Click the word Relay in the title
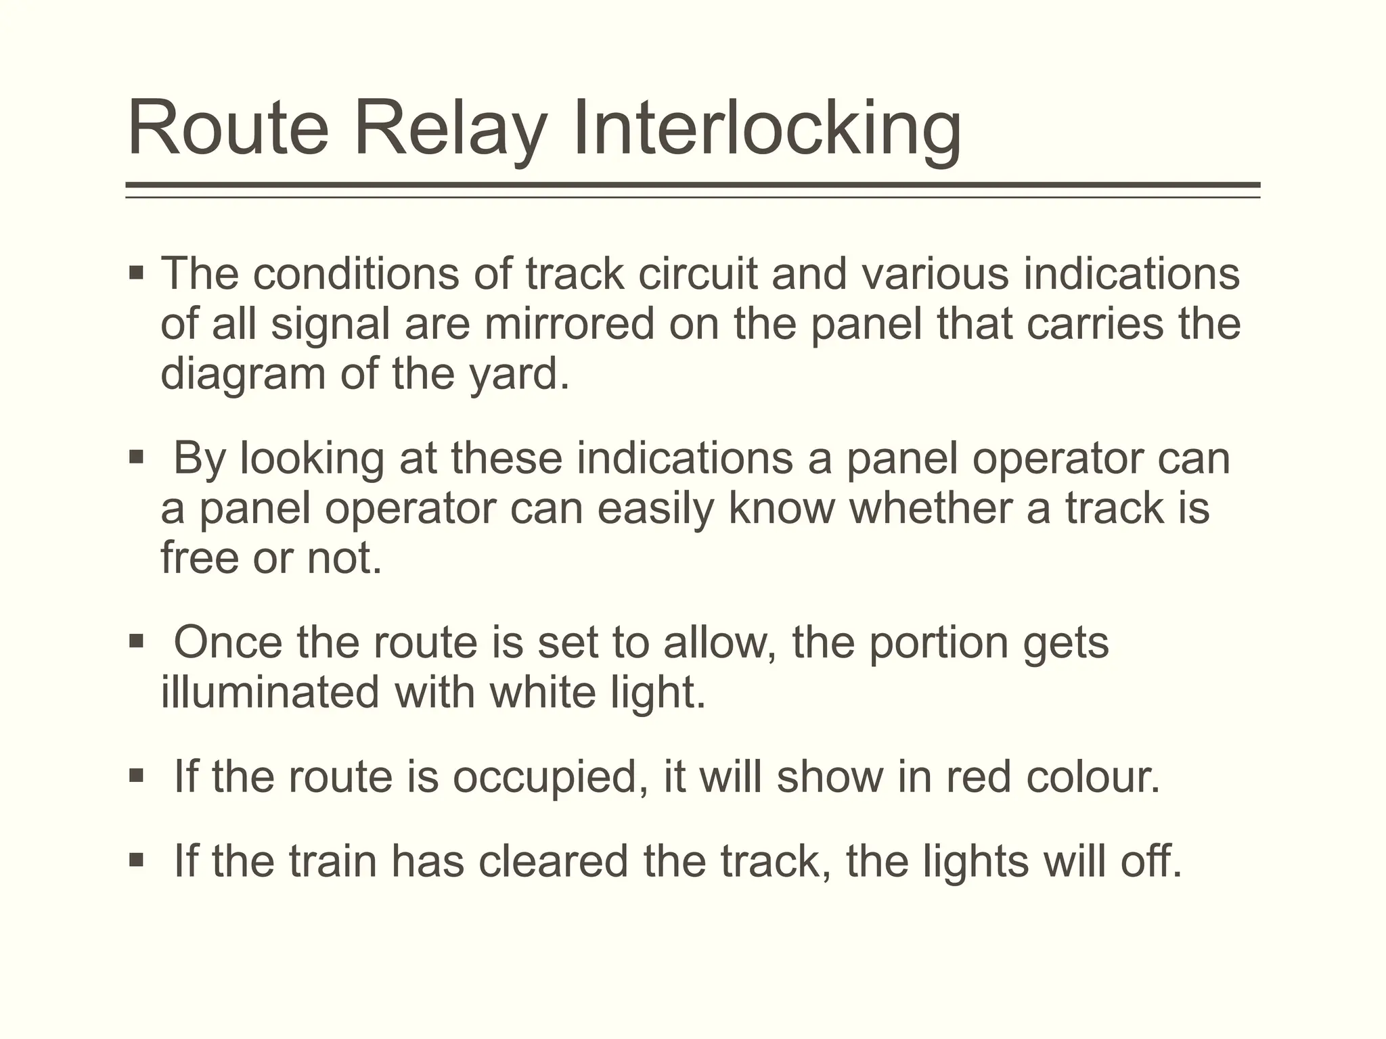449,129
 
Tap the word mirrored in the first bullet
569,324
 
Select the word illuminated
269,693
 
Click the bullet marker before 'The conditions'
136,274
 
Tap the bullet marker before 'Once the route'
136,641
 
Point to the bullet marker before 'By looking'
136,458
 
